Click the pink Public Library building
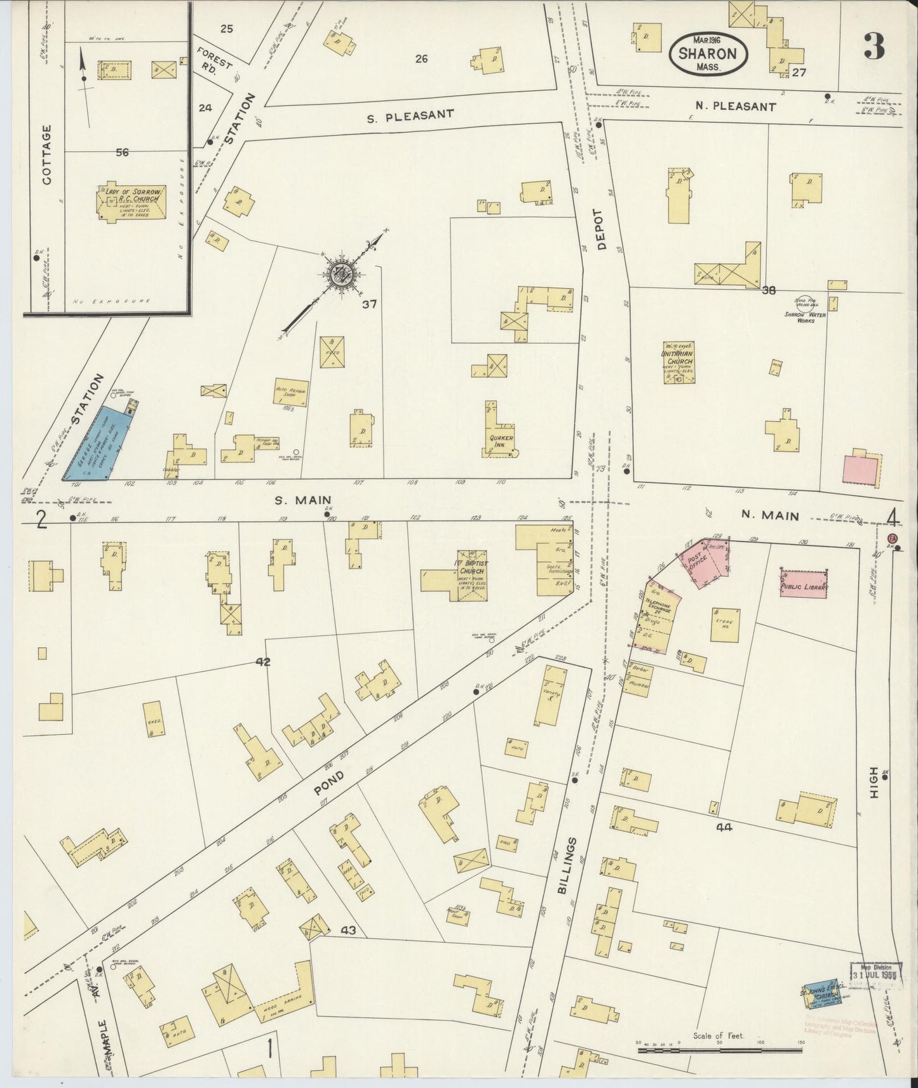[805, 583]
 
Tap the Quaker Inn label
[501, 441]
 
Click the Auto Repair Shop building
[291, 392]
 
